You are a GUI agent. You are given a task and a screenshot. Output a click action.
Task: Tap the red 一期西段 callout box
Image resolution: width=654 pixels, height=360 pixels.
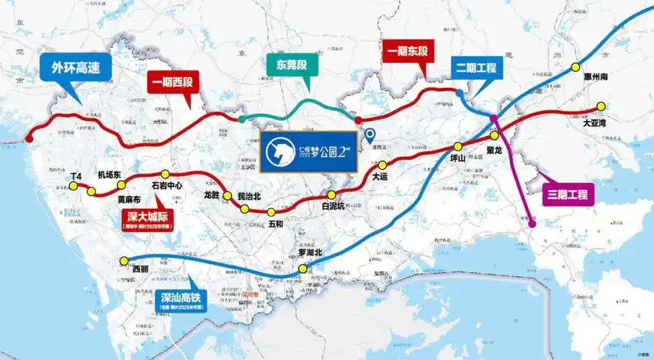[174, 84]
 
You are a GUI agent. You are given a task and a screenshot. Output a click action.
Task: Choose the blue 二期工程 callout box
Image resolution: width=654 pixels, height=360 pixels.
[477, 68]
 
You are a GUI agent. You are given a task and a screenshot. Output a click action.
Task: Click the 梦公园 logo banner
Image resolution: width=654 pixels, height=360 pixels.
[309, 152]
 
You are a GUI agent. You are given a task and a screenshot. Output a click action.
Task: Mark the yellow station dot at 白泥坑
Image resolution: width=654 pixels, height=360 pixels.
[331, 195]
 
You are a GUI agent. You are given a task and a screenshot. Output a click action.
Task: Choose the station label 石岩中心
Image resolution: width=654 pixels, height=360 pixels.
[167, 186]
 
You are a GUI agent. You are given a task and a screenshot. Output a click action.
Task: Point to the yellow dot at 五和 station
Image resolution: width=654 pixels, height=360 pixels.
[271, 212]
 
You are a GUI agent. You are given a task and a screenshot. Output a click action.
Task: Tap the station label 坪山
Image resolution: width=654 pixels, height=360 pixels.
[458, 158]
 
